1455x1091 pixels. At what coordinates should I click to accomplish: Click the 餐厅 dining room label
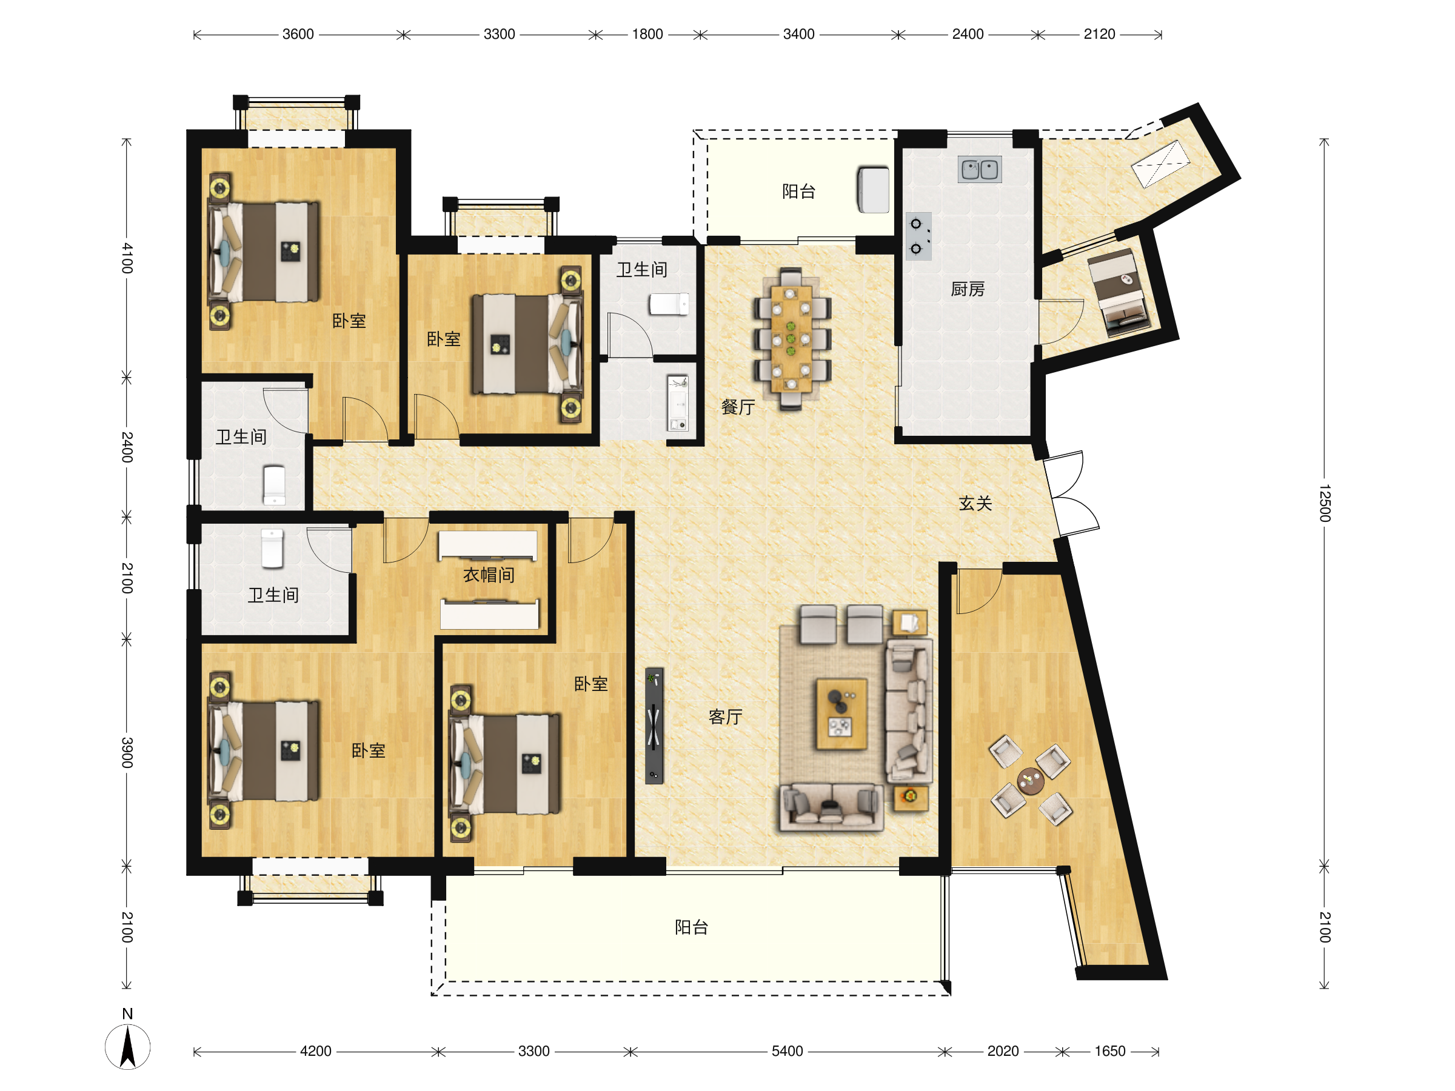point(737,407)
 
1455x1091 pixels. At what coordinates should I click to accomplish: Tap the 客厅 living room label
point(725,717)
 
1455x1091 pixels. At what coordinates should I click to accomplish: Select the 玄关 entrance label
point(975,504)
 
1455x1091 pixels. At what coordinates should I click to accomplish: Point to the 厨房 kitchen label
point(968,289)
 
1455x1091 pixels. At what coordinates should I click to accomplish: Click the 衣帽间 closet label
point(489,575)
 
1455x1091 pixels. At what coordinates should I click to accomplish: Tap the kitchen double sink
point(980,169)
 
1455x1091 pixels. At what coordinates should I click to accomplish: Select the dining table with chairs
point(791,339)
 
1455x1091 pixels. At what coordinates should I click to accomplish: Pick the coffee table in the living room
point(841,714)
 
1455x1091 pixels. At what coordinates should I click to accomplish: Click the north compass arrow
point(127,1046)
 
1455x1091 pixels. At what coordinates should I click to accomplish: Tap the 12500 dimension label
point(1325,503)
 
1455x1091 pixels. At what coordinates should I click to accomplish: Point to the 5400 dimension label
point(788,1051)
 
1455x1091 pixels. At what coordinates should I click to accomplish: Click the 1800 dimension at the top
point(647,34)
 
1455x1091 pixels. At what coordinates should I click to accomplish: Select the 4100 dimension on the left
point(127,258)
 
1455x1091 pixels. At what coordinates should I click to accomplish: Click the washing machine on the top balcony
point(873,190)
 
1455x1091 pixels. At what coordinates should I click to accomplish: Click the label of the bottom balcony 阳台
point(691,927)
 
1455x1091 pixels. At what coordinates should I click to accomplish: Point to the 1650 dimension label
point(1109,1051)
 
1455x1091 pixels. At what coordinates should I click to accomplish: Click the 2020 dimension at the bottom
point(1003,1051)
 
